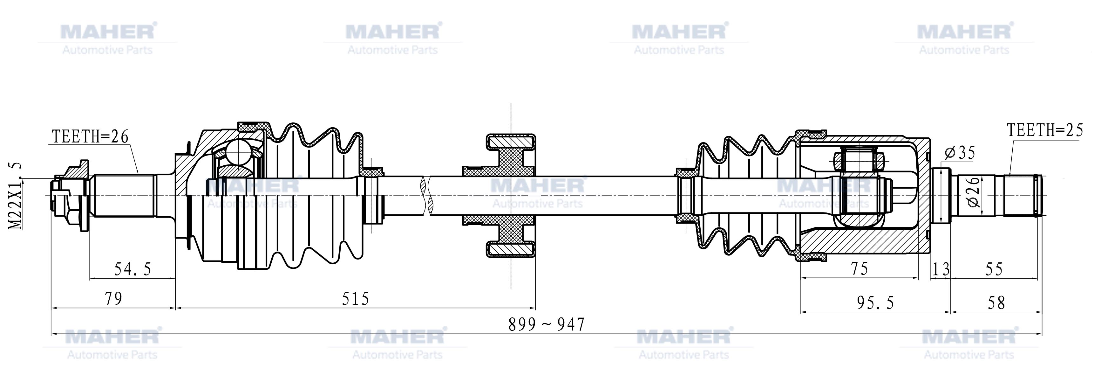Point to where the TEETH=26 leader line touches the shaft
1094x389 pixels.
pyautogui.click(x=139, y=173)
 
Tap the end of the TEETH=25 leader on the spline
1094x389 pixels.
pyautogui.click(x=1010, y=175)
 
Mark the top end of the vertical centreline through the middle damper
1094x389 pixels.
pyautogui.click(x=511, y=103)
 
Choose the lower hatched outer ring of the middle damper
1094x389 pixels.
pyautogui.click(x=511, y=250)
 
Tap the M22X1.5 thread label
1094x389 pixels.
pyautogui.click(x=16, y=196)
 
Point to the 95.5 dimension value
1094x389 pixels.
pyautogui.click(x=875, y=303)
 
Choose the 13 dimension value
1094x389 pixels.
pyautogui.click(x=941, y=269)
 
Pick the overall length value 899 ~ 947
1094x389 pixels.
pyautogui.click(x=547, y=325)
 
